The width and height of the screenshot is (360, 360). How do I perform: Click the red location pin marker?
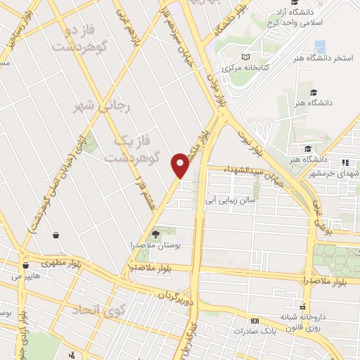coord(180,165)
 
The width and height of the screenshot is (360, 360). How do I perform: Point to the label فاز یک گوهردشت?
coord(133,148)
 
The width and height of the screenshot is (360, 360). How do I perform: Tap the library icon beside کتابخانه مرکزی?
coord(245,57)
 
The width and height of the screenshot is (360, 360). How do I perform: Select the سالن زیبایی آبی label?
coord(232,200)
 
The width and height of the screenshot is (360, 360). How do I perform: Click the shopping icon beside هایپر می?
coord(25,266)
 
